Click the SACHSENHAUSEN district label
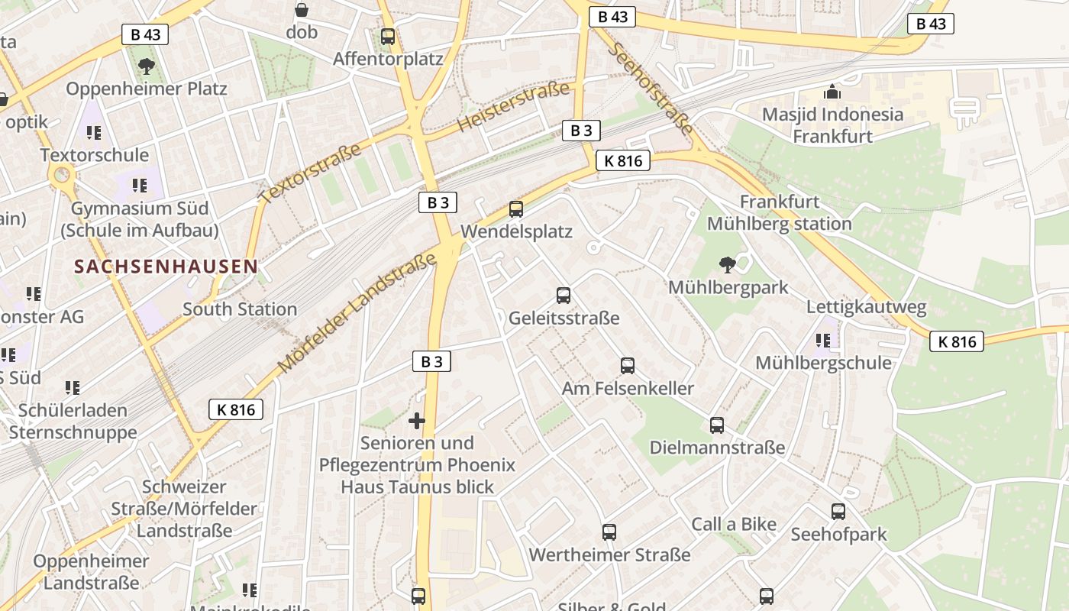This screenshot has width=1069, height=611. [166, 267]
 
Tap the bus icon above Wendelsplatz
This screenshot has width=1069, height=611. [516, 209]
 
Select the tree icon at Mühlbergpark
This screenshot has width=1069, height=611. [728, 265]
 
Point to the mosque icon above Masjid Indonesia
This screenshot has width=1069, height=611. [832, 92]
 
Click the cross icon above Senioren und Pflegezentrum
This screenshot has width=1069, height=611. [417, 421]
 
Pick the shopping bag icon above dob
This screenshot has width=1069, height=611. [302, 10]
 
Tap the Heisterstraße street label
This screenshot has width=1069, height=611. [514, 106]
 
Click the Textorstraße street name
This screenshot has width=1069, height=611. [310, 173]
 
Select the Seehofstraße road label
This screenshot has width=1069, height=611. [651, 88]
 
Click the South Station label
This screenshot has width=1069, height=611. [240, 309]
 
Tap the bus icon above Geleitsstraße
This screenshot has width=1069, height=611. [564, 296]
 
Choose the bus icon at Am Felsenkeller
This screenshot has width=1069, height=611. [628, 366]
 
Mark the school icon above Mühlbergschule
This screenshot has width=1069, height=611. [822, 341]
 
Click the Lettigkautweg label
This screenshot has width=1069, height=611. [867, 308]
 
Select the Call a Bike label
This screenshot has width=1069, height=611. [734, 525]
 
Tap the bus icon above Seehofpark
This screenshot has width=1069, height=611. [838, 512]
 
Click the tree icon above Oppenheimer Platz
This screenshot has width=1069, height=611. [147, 66]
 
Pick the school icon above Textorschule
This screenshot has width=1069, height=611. [94, 133]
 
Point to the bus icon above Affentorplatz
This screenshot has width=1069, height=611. [388, 37]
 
